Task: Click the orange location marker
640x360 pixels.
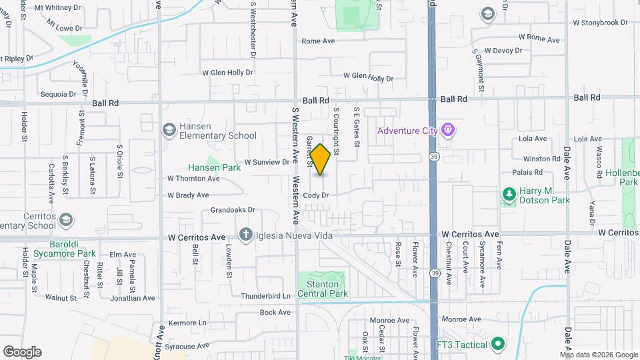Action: point(320,159)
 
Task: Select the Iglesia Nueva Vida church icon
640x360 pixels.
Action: point(246,235)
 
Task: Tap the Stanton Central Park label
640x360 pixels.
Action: point(323,289)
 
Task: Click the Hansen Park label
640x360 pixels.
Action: point(213,168)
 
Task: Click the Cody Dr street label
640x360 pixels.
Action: point(316,195)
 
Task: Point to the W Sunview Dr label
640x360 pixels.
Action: point(267,162)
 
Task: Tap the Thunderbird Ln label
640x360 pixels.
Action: point(266,296)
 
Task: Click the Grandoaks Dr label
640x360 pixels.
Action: point(233,209)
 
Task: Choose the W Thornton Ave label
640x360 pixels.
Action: point(193,179)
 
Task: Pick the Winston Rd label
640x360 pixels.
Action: point(541,159)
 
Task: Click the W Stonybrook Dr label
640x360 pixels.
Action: point(601,22)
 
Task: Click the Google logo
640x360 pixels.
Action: point(22,352)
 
